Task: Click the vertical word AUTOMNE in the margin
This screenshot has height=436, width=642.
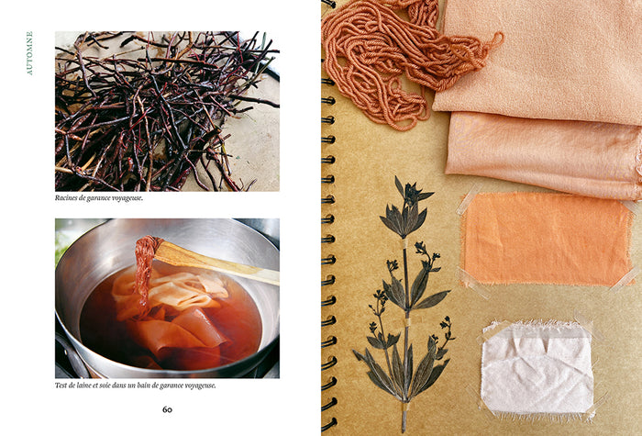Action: pos(29,53)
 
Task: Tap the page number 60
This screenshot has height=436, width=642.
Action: pos(167,409)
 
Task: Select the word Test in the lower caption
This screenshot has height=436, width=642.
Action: pos(61,386)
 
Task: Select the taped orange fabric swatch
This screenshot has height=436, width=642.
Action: pos(547,239)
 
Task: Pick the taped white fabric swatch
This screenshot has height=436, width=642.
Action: pos(537,369)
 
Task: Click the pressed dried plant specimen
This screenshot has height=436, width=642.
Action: pos(404,303)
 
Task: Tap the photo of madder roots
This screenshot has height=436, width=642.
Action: pos(167,111)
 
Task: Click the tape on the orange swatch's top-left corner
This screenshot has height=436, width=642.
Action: pos(470,198)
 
